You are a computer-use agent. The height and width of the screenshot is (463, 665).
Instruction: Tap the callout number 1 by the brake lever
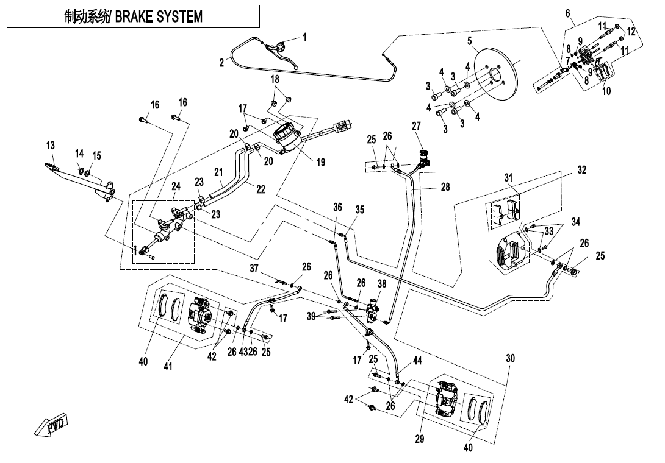304,37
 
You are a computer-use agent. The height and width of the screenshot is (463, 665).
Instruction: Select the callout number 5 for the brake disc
470,41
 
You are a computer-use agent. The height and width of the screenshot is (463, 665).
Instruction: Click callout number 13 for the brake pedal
50,146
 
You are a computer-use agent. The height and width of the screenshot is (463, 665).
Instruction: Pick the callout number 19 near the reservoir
321,163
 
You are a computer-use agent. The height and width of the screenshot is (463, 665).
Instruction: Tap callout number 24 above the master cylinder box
176,186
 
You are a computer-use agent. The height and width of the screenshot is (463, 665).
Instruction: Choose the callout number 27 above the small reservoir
416,126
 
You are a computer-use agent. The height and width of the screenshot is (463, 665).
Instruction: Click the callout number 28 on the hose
445,187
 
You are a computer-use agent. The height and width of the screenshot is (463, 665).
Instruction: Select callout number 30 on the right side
511,359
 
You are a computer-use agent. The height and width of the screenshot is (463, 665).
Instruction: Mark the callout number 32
581,170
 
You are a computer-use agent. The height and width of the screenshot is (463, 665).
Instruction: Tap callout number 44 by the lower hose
417,361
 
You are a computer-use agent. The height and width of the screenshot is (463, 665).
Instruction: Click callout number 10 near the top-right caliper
606,91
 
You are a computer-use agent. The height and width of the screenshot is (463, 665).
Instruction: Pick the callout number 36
337,207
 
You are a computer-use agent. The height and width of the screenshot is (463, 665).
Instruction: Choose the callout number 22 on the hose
261,189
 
